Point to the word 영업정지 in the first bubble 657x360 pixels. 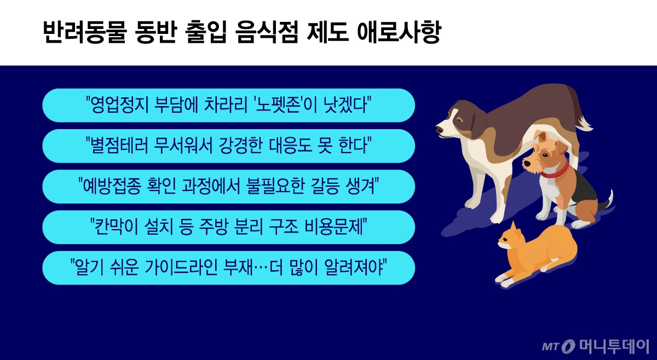click(119, 105)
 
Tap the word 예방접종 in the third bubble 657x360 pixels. click(112, 187)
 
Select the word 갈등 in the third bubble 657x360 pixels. click(314, 187)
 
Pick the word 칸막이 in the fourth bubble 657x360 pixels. click(114, 227)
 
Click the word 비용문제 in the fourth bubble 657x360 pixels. click(339, 227)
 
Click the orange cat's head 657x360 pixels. click(512, 243)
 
